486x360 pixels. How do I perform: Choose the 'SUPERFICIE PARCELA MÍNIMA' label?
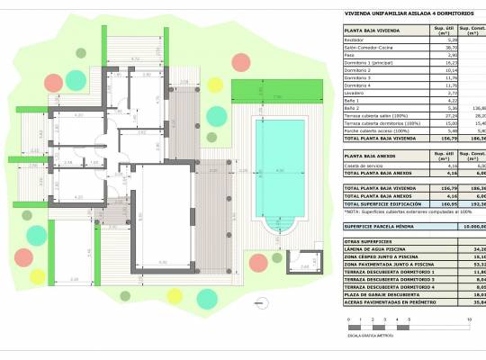point(382,227)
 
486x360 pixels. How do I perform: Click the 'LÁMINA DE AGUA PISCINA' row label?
point(379,247)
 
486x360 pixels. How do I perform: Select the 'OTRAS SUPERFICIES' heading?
point(370,239)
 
